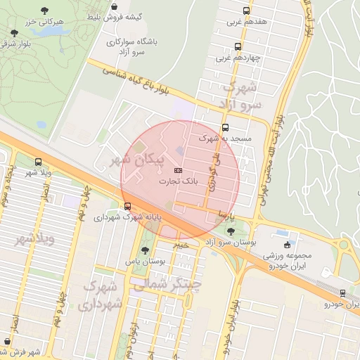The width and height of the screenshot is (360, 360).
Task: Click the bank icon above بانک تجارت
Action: [178, 171]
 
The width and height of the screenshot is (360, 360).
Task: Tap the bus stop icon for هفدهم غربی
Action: [246, 11]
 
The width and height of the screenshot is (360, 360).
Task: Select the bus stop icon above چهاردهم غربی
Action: [237, 47]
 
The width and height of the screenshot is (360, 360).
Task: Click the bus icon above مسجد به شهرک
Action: [225, 128]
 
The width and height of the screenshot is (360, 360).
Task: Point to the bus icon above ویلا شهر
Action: [37, 162]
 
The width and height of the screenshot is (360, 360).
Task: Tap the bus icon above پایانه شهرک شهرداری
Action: [127, 206]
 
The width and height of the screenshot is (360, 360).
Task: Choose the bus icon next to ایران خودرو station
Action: [342, 293]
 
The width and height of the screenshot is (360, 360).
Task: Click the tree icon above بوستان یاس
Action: [145, 250]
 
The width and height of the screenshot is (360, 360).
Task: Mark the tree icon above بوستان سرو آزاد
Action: [231, 231]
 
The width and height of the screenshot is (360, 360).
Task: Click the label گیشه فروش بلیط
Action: [113, 15]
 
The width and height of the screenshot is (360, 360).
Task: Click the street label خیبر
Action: [181, 245]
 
